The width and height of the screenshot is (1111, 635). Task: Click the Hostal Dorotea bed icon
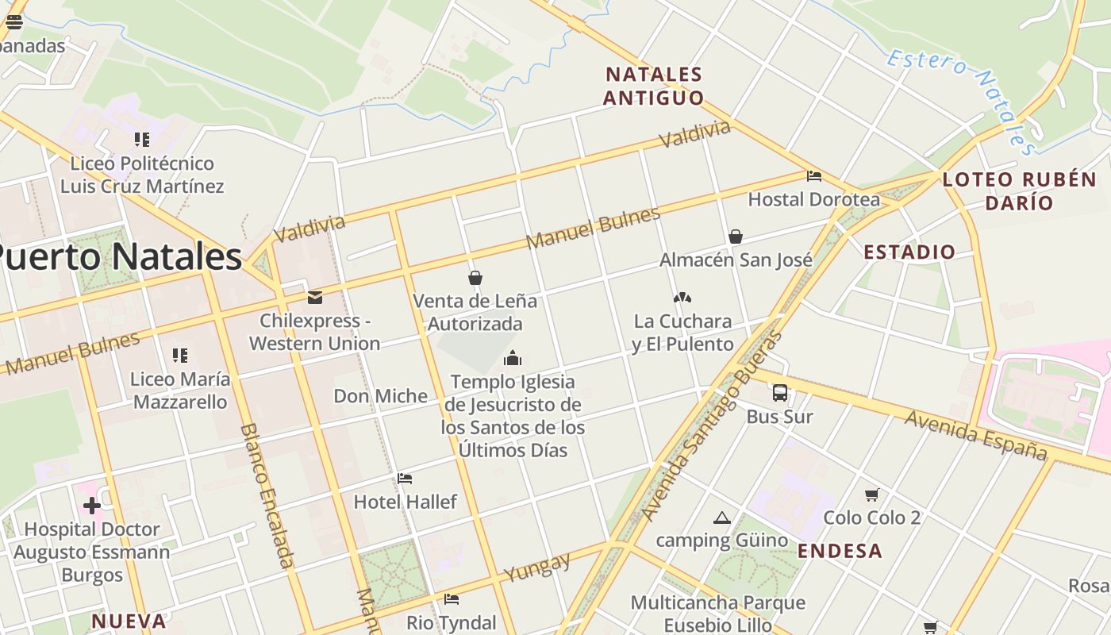pyautogui.click(x=813, y=176)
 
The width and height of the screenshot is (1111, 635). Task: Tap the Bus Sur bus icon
pyautogui.click(x=780, y=392)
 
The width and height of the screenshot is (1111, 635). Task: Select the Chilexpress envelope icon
pyautogui.click(x=315, y=298)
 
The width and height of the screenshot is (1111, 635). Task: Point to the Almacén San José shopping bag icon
pyautogui.click(x=736, y=237)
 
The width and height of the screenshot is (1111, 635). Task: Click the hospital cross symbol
pyautogui.click(x=92, y=506)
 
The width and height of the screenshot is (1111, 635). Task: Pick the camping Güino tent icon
pyautogui.click(x=721, y=518)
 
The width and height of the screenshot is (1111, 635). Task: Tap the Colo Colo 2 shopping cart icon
pyautogui.click(x=871, y=495)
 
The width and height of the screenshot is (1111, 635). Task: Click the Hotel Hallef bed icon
pyautogui.click(x=405, y=479)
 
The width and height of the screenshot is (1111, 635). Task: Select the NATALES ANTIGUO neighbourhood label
pyautogui.click(x=653, y=86)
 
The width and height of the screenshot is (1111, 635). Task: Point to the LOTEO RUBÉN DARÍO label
pyautogui.click(x=1019, y=190)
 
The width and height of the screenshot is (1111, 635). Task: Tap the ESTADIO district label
pyautogui.click(x=909, y=252)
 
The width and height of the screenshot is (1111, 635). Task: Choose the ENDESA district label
pyautogui.click(x=840, y=551)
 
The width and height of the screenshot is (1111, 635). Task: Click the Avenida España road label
pyautogui.click(x=976, y=434)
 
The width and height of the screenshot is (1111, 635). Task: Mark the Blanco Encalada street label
pyautogui.click(x=267, y=495)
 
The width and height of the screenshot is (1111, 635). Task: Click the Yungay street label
pyautogui.click(x=537, y=567)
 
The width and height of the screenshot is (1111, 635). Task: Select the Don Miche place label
pyautogui.click(x=380, y=396)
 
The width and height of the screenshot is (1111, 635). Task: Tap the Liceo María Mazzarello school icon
pyautogui.click(x=180, y=356)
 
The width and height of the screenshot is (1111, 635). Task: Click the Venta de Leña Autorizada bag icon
pyautogui.click(x=475, y=278)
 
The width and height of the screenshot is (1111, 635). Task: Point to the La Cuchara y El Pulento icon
pyautogui.click(x=682, y=298)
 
